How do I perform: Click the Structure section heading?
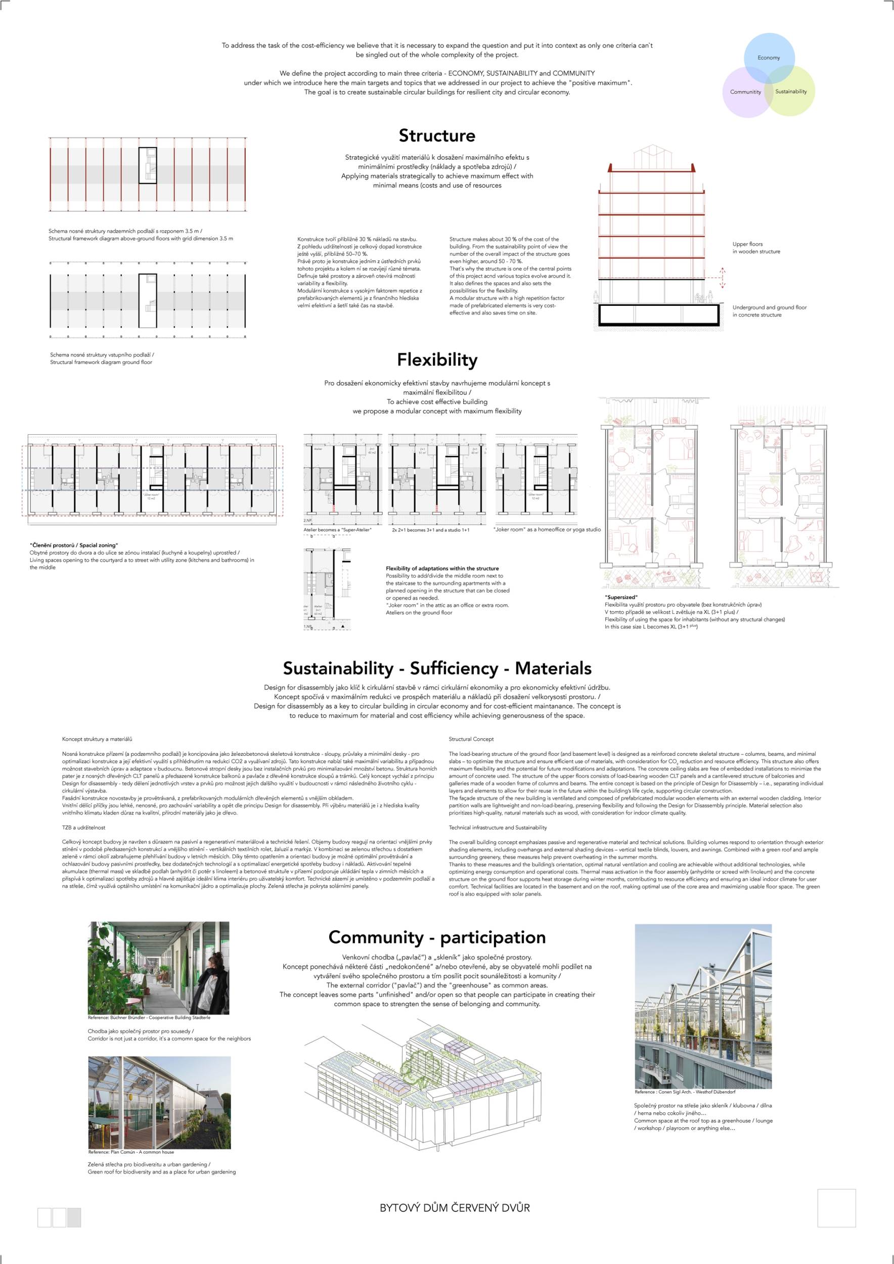(x=437, y=136)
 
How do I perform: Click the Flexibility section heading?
(x=437, y=359)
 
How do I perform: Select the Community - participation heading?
(x=437, y=937)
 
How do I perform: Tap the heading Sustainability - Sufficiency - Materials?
(x=437, y=668)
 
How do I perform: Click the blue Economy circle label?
(x=769, y=58)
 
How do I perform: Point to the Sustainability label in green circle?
(x=790, y=92)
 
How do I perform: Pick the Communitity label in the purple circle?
(x=745, y=92)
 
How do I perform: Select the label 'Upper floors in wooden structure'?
(x=756, y=248)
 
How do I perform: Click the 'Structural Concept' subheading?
(x=471, y=739)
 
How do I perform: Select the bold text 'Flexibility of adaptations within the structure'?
(x=442, y=568)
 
